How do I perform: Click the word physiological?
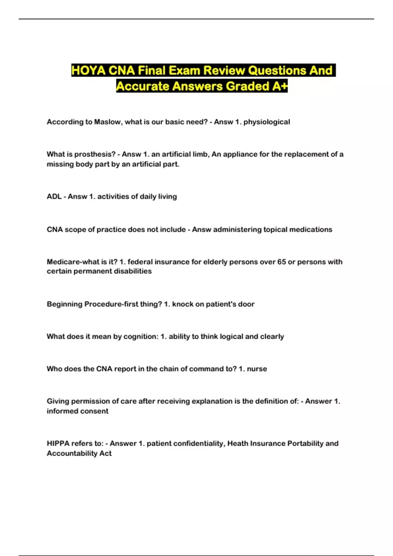(267, 122)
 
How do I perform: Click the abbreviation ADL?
(54, 197)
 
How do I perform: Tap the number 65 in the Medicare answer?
(281, 262)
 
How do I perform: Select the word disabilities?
(132, 271)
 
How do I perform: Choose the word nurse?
(257, 369)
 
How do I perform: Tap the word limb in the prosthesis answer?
(200, 154)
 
